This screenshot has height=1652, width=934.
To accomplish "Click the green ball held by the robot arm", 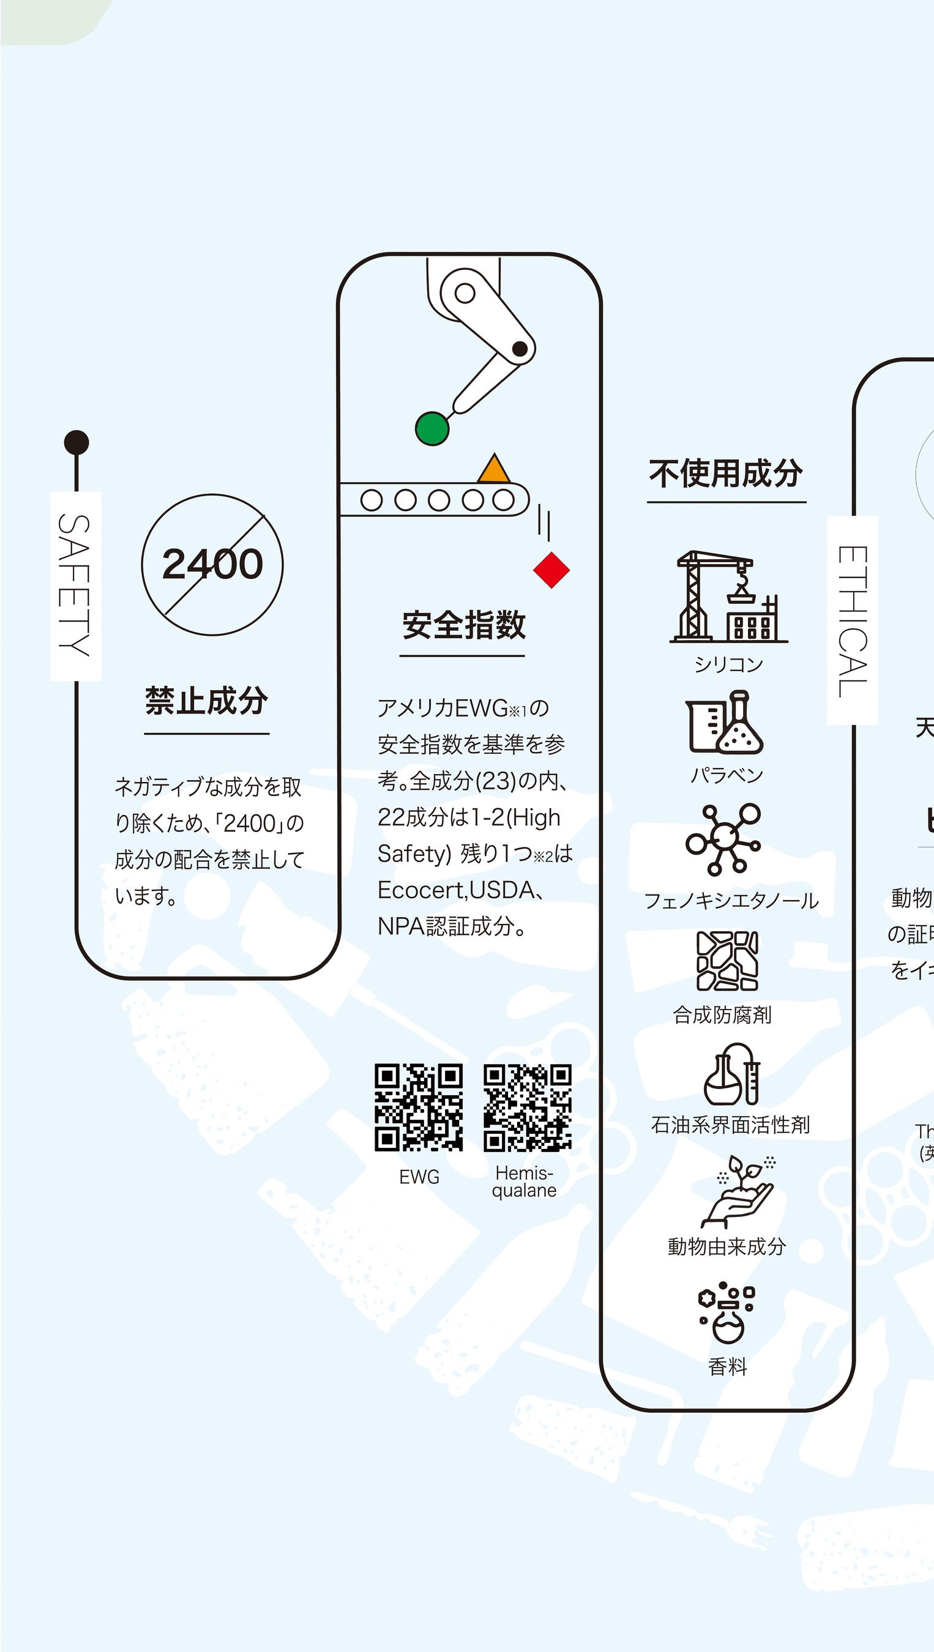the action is point(432,428).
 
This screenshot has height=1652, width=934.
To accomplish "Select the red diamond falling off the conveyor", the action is point(551,570).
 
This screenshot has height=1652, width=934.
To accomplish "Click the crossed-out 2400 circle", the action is point(212,564).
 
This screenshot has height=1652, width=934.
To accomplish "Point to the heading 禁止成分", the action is point(206,701).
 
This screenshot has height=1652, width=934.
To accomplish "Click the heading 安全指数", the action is point(463,625).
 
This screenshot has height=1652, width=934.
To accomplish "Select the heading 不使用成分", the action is point(725,474).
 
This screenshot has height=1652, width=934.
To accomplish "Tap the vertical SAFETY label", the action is point(76,586).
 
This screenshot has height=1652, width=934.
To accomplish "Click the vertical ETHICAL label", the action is point(853,620).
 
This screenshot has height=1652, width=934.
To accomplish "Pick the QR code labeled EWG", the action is point(418,1107).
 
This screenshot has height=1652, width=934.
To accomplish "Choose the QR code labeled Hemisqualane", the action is point(528,1107).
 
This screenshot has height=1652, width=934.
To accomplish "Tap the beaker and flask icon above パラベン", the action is point(725,722).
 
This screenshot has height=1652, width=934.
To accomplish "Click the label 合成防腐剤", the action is point(722,1015).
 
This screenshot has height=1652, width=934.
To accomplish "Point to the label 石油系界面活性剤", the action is point(730,1125).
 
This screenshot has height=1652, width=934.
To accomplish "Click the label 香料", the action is point(728,1367).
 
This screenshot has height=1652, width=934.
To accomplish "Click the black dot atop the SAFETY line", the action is point(77,442).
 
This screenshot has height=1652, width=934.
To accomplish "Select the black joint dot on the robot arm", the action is point(520,349).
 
